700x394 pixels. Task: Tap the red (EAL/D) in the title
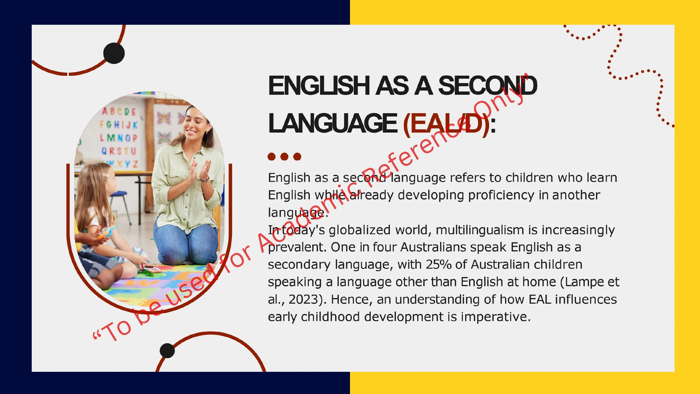pos(446,124)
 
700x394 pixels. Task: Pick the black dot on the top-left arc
pos(114,53)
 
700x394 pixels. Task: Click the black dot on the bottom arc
pos(167,351)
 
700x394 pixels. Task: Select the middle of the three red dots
pos(284,157)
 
